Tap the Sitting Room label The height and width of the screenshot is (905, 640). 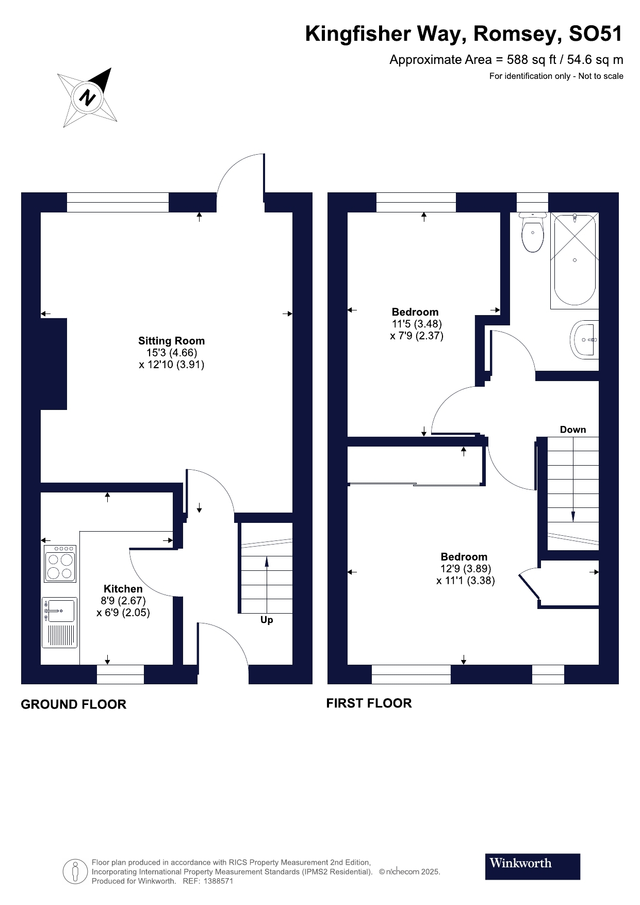click(171, 341)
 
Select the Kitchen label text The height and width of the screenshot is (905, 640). click(123, 589)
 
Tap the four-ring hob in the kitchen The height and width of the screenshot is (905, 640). click(60, 564)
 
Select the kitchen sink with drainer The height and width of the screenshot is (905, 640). click(60, 622)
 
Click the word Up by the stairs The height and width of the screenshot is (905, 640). click(267, 620)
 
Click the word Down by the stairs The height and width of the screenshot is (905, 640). click(573, 430)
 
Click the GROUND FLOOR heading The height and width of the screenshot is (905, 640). click(73, 704)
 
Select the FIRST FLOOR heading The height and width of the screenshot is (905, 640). click(369, 703)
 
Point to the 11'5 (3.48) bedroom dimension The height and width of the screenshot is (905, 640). click(417, 324)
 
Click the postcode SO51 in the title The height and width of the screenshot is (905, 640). click(596, 34)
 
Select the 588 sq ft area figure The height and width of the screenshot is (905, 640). click(531, 60)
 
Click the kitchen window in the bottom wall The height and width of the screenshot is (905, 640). click(120, 674)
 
